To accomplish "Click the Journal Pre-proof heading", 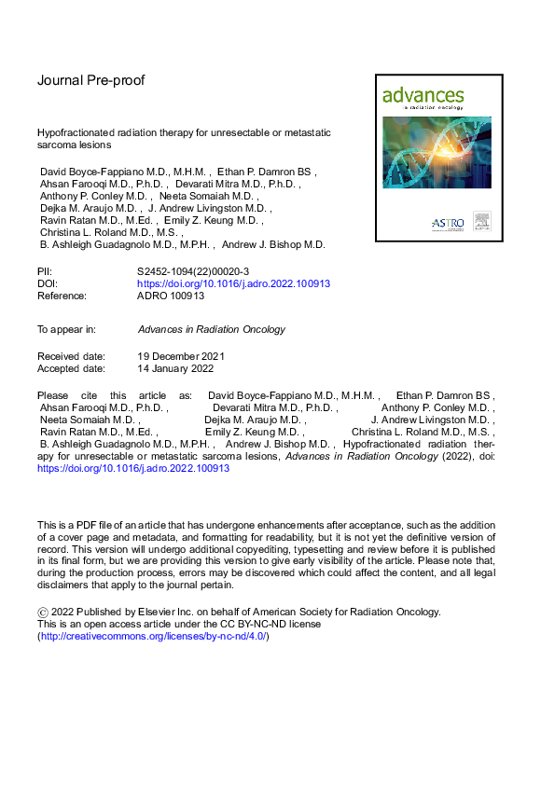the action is click(91, 80).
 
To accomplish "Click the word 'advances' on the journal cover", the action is click(423, 95).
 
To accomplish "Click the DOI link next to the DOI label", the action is click(233, 282).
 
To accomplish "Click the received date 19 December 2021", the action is click(181, 356).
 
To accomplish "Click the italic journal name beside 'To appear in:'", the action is click(211, 329).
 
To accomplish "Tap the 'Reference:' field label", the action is click(62, 296).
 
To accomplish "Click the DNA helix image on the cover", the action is click(431, 154).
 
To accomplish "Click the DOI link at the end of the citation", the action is click(133, 469).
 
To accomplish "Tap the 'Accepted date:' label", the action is click(71, 368).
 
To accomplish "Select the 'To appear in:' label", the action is click(66, 329).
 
